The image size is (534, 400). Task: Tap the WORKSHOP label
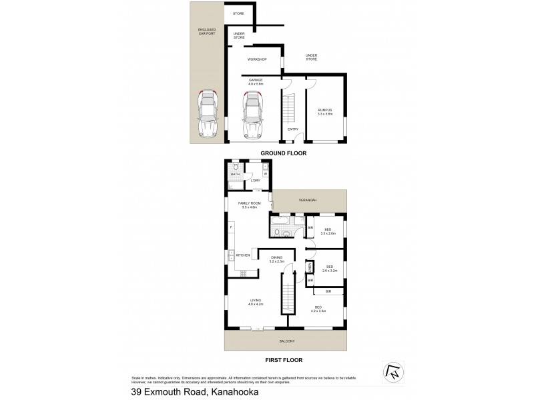pyautogui.click(x=257, y=59)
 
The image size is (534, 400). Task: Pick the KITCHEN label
pyautogui.click(x=242, y=255)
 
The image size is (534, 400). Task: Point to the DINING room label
pyautogui.click(x=277, y=259)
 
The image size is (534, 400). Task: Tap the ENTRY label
pyautogui.click(x=293, y=129)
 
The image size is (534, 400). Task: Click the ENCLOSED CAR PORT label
pyautogui.click(x=208, y=32)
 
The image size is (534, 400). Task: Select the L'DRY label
pyautogui.click(x=255, y=181)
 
